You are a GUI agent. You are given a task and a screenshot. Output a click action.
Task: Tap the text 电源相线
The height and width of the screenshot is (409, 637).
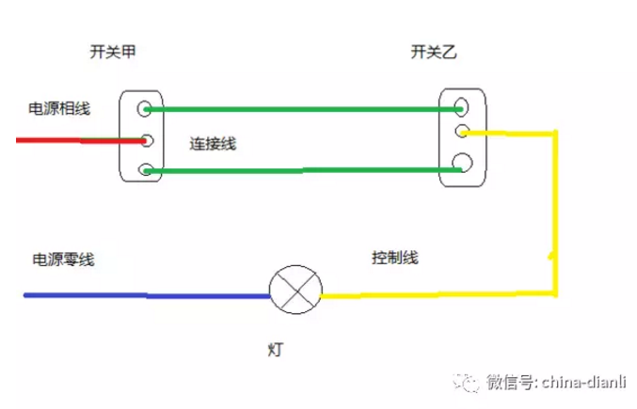[x=58, y=109]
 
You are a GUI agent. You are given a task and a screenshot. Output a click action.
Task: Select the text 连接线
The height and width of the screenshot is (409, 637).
[x=213, y=144]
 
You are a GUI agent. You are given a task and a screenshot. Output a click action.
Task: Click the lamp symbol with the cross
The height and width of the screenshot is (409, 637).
[x=295, y=288]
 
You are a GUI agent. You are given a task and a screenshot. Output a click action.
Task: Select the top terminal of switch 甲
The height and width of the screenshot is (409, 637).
[x=145, y=108]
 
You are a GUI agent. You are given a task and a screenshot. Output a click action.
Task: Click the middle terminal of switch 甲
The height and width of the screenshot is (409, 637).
[x=147, y=141]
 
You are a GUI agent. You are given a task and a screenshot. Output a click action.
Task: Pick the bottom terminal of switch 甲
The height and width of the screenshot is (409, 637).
[x=145, y=170]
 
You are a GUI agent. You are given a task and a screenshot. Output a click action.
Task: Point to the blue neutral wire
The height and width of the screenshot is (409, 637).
[x=141, y=296]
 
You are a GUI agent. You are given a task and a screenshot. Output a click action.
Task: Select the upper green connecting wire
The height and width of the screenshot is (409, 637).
[x=301, y=109]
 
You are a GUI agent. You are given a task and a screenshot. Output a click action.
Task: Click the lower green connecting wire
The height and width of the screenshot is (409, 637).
[x=301, y=171]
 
